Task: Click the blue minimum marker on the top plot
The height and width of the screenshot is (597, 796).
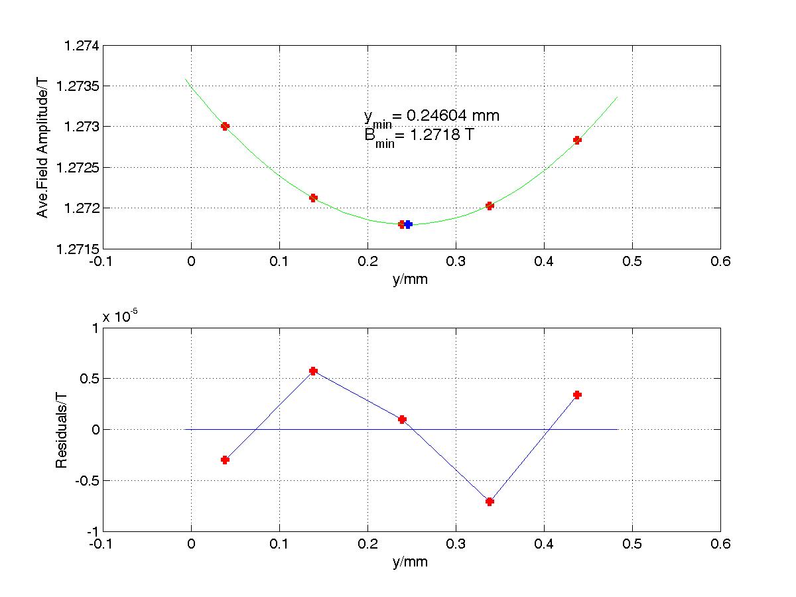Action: point(409,224)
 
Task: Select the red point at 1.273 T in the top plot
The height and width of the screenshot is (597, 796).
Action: point(225,126)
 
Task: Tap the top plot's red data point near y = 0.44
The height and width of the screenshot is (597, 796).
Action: point(577,140)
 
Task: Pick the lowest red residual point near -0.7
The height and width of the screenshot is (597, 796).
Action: point(490,501)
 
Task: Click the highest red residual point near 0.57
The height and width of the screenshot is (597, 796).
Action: point(313,371)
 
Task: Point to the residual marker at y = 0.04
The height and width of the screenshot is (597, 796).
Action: point(225,460)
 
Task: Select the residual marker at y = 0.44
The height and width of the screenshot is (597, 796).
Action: point(577,395)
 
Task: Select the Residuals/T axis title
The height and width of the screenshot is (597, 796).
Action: point(61,430)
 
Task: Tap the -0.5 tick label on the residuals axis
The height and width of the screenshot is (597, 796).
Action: point(83,480)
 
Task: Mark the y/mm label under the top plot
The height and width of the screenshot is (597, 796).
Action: point(410,279)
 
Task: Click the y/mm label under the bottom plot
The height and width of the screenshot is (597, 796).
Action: point(410,563)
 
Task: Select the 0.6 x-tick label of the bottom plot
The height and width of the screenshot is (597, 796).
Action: point(720,545)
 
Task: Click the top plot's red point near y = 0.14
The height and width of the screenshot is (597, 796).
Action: point(313,198)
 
